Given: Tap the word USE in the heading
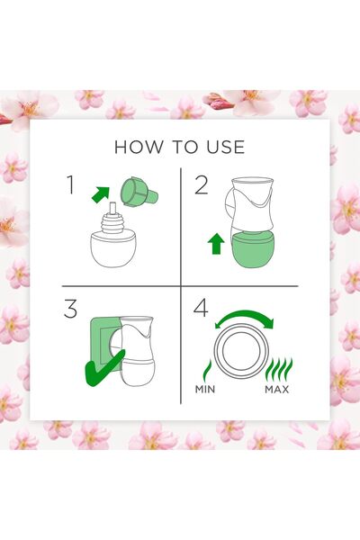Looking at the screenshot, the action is tap(226, 147).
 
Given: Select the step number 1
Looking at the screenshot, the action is tap(70, 184).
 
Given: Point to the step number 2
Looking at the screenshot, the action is tap(202, 184).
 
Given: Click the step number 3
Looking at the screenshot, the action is tap(70, 309).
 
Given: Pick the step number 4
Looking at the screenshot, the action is tap(201, 308).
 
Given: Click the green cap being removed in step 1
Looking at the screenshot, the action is tap(139, 193).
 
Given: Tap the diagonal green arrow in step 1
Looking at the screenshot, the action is tap(100, 193).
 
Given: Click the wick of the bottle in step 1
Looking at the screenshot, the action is tap(112, 210).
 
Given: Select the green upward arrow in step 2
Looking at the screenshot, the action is tap(216, 244).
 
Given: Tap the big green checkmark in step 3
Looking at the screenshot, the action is tap(104, 367).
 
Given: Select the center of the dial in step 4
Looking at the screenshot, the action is tap(242, 350).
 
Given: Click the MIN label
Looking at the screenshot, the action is tap(205, 390).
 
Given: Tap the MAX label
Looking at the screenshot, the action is tap(277, 390).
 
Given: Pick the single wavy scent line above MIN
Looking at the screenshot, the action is tap(208, 370).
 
